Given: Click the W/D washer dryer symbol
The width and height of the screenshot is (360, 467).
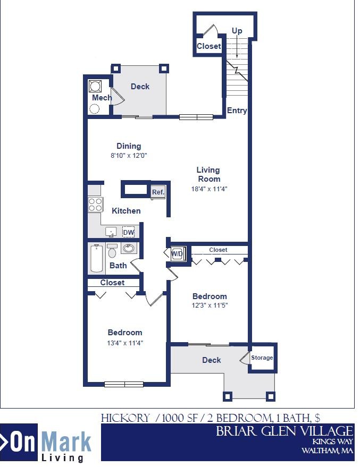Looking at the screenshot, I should (x=178, y=253).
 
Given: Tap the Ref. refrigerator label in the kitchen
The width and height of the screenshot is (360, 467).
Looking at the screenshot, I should (x=158, y=192).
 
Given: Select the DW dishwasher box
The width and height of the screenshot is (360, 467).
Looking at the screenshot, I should (x=128, y=232).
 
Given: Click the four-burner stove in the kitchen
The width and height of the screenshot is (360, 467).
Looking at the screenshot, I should (x=95, y=205).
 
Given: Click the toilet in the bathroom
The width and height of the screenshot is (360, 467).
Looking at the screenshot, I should (x=112, y=251).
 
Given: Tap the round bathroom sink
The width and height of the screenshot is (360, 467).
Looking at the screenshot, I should (x=128, y=248).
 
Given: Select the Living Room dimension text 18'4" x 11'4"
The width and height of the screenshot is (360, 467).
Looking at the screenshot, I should (x=208, y=189).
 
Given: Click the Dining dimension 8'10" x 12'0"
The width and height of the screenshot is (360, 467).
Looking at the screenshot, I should (x=129, y=156).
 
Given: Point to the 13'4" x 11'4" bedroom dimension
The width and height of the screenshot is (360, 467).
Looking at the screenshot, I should (x=125, y=343).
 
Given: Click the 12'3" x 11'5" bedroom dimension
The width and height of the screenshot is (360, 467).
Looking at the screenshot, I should (x=210, y=305).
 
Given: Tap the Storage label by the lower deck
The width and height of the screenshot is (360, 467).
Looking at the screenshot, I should (x=262, y=358).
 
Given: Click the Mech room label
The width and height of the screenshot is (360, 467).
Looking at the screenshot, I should (x=102, y=98).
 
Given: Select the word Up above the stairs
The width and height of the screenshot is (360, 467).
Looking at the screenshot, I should (x=237, y=31).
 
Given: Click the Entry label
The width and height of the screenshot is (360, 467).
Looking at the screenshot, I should (x=237, y=111).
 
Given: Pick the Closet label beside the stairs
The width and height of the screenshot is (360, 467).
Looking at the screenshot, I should (x=208, y=46).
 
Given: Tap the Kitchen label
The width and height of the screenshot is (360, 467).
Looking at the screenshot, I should (x=126, y=211).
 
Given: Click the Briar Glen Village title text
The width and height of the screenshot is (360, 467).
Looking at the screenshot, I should (x=284, y=431).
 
